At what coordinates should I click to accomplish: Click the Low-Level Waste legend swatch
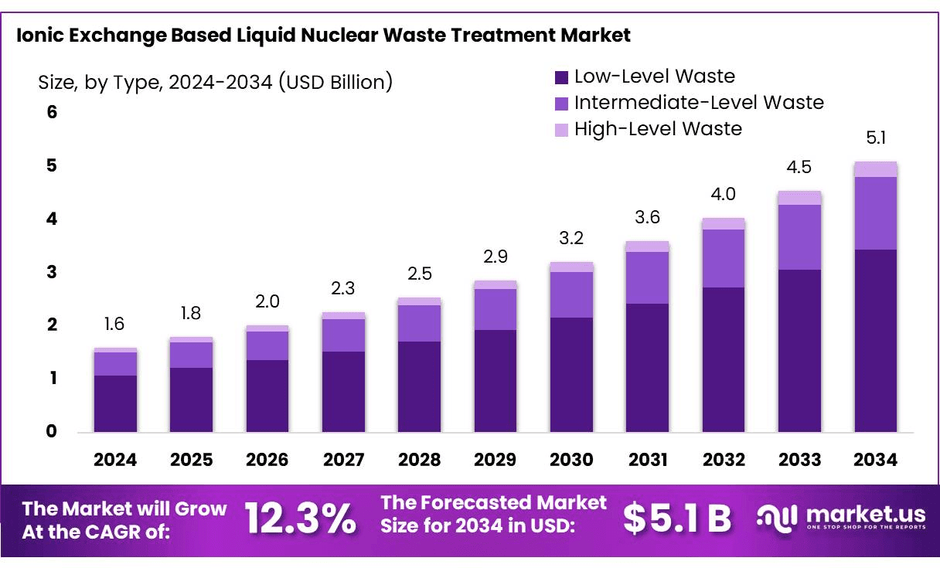(x=561, y=77)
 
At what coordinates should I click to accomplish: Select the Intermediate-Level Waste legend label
(x=699, y=103)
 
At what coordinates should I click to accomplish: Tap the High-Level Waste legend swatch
(x=561, y=129)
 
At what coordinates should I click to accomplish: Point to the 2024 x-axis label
(x=115, y=460)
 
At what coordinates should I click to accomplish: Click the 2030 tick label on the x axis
(x=571, y=460)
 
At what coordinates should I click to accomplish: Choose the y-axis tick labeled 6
(x=52, y=113)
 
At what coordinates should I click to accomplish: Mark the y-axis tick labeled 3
(x=52, y=272)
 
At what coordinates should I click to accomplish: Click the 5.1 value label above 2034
(x=875, y=139)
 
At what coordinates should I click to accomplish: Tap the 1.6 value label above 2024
(x=114, y=325)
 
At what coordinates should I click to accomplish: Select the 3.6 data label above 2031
(x=647, y=218)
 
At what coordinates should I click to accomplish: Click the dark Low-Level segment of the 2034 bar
(x=875, y=340)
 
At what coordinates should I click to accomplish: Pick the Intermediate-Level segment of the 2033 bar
(x=799, y=237)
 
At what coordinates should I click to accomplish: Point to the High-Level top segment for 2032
(x=724, y=224)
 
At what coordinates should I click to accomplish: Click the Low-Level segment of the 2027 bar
(x=343, y=391)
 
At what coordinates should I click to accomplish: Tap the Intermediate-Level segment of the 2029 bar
(x=495, y=309)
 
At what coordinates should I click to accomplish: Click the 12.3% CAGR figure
(x=301, y=519)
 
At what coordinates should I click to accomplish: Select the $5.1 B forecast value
(x=676, y=519)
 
